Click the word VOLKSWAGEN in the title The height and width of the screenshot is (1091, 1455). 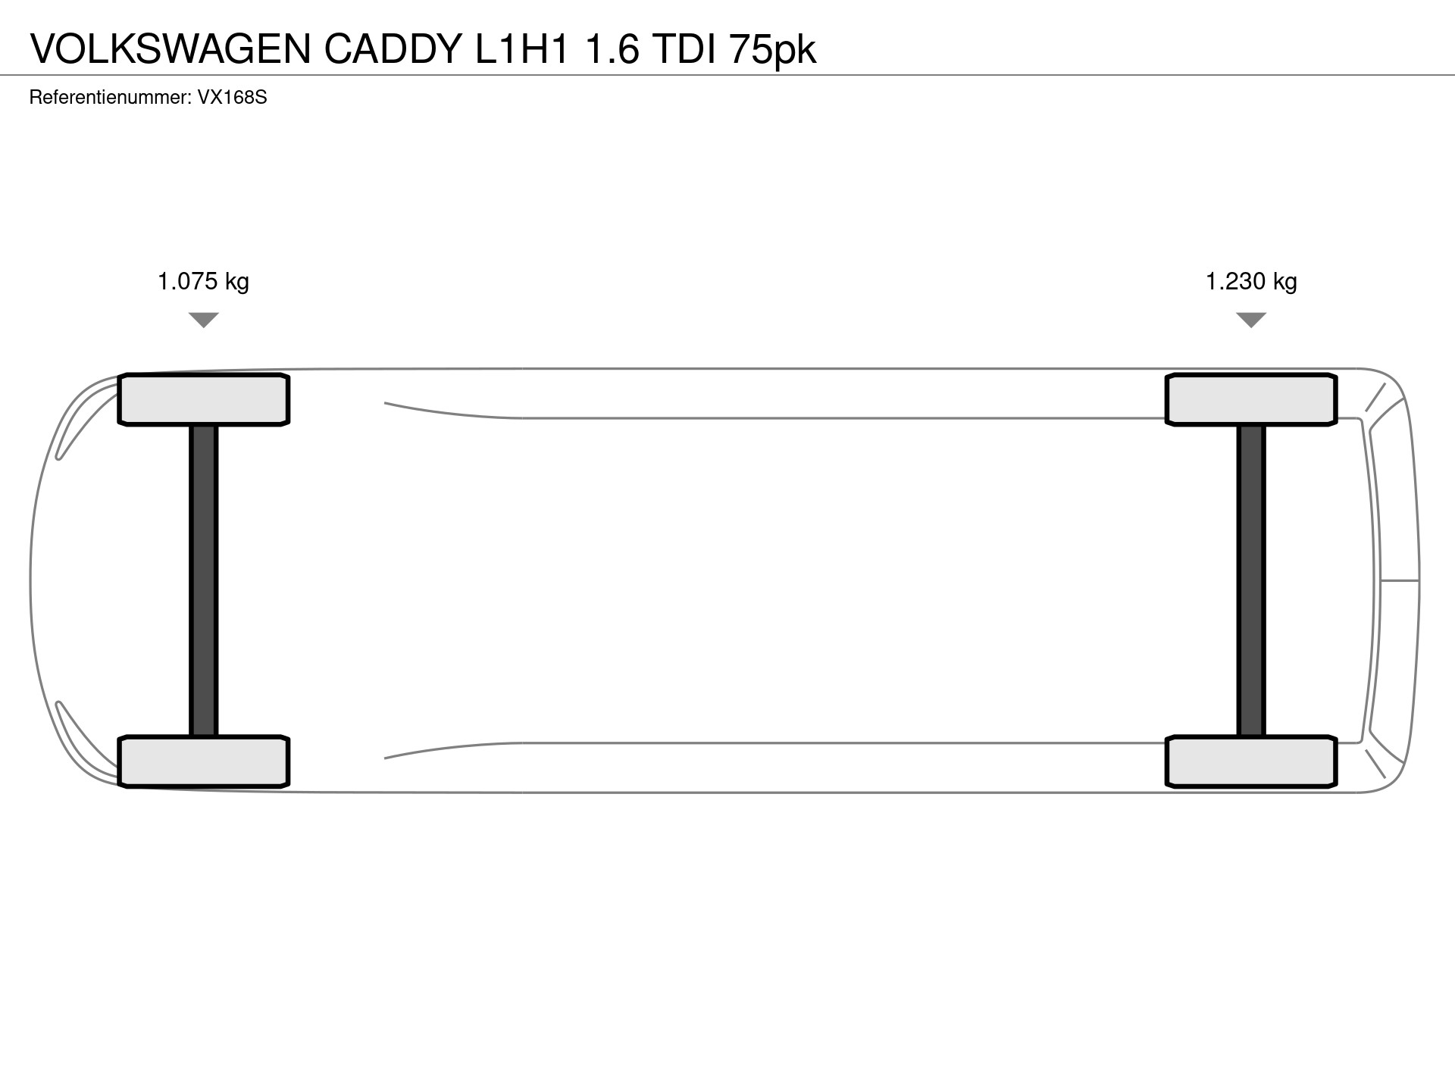pos(171,49)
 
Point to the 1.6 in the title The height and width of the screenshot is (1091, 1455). pos(612,49)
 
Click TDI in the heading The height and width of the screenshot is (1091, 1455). pos(684,49)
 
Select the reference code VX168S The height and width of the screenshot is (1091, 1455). pos(233,98)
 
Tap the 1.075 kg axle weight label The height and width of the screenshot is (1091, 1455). pos(203,282)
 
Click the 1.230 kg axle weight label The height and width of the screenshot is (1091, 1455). pos(1251,282)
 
